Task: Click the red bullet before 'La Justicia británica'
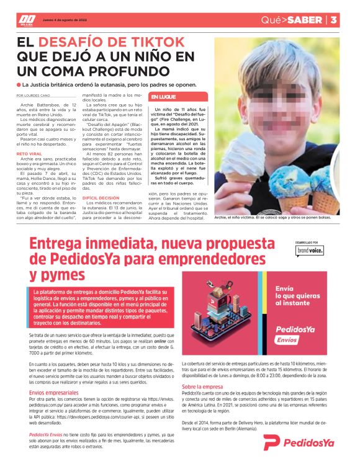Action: tap(19, 84)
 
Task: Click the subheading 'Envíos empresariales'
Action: tap(53, 393)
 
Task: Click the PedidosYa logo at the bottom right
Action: tap(298, 442)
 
